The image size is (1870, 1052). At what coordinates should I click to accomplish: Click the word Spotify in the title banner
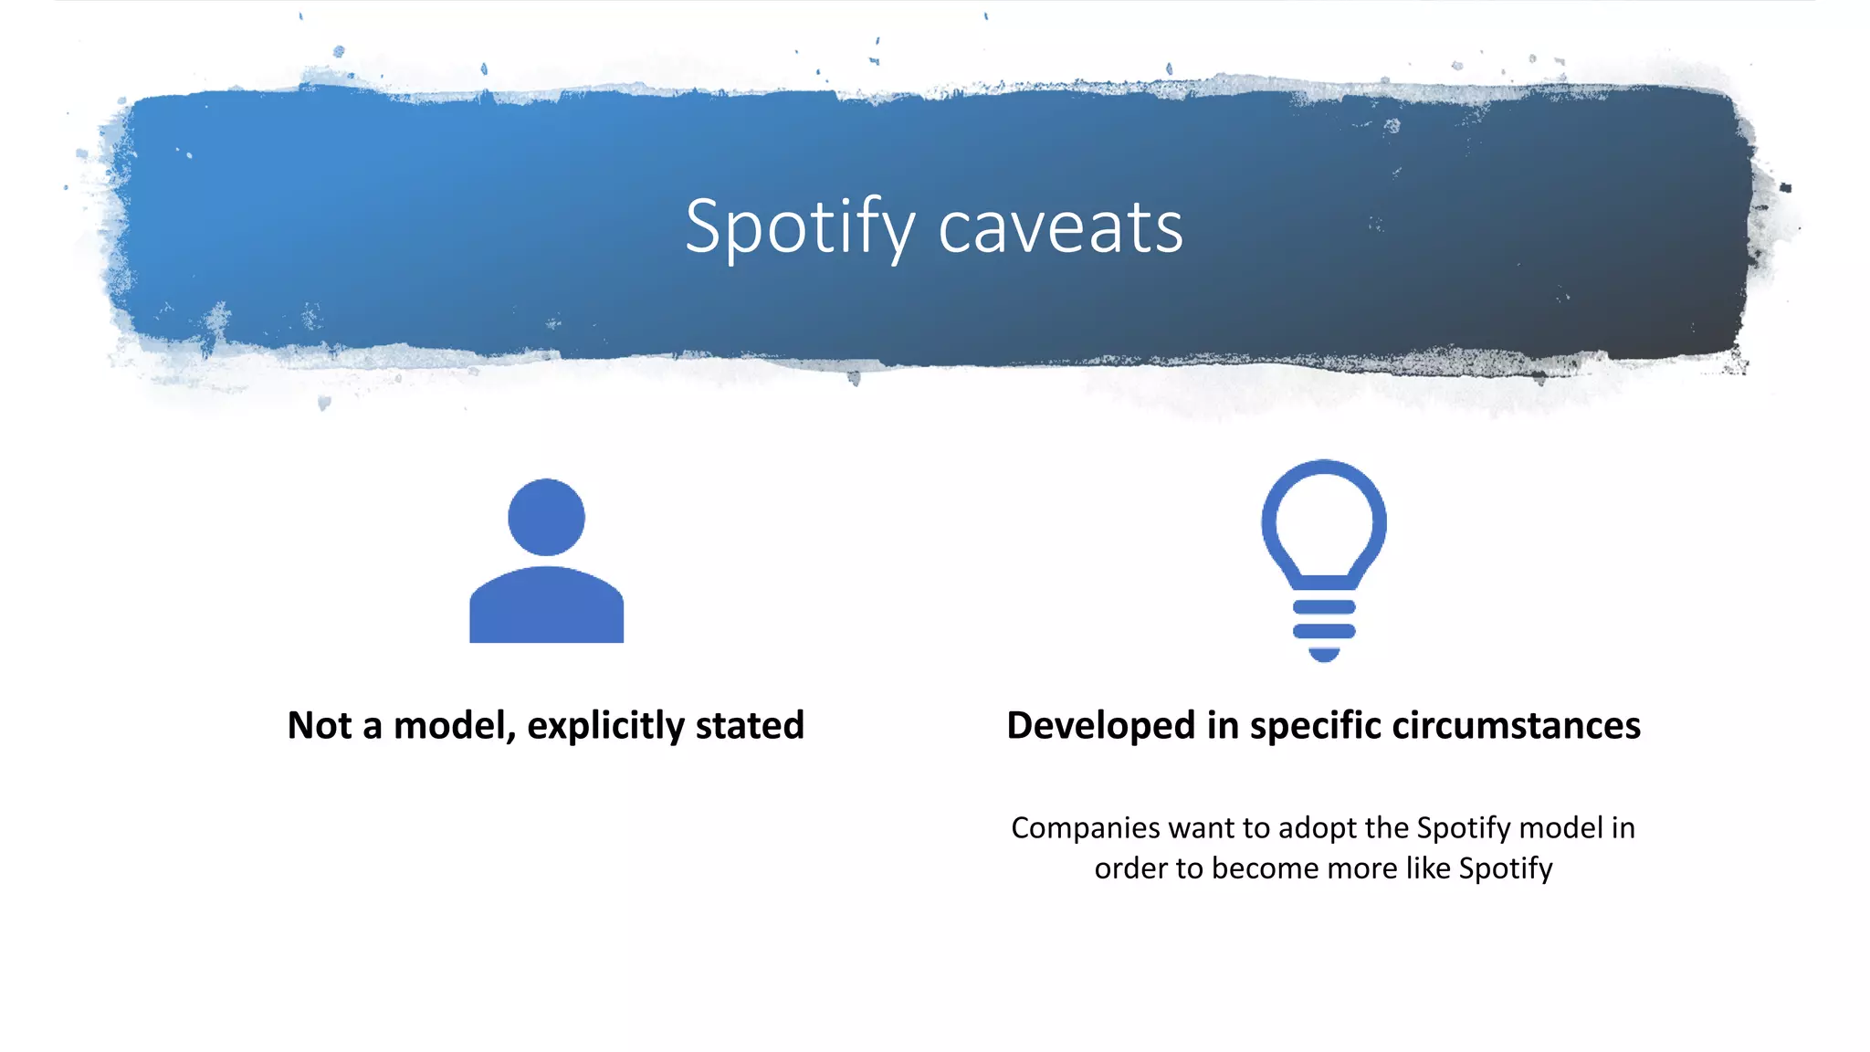(800, 227)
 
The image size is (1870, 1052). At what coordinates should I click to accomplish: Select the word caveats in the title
(1060, 227)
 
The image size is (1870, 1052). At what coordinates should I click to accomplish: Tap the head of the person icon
(546, 517)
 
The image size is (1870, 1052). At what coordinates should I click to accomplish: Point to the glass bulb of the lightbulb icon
(1324, 521)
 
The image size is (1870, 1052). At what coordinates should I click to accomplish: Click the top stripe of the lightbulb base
(1324, 607)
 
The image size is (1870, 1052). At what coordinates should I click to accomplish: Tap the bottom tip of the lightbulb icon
(1324, 654)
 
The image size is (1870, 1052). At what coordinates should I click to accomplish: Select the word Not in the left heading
(320, 726)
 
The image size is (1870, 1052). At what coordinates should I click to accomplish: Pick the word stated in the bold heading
(750, 726)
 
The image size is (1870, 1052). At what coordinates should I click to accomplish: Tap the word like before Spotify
(1428, 868)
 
